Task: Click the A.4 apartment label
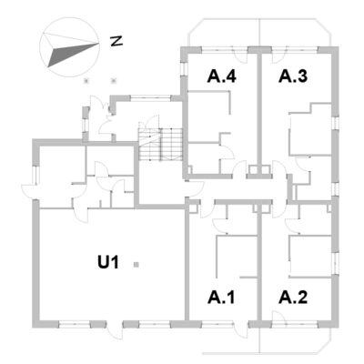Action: [x=221, y=76]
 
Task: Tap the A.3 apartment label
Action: [x=293, y=76]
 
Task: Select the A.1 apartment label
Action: [x=221, y=298]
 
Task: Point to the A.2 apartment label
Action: [x=293, y=298]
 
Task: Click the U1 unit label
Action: [x=108, y=262]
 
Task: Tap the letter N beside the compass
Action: [x=116, y=41]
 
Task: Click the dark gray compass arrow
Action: [x=73, y=54]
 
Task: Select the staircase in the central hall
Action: [x=160, y=144]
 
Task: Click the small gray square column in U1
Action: [x=136, y=265]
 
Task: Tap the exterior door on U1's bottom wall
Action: [x=115, y=329]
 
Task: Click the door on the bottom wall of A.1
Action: [x=241, y=329]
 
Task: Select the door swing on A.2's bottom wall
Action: [x=278, y=317]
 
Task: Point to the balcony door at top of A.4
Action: [x=240, y=55]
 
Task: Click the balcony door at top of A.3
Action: [x=279, y=56]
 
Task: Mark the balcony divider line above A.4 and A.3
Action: [x=260, y=33]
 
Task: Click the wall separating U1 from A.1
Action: [x=187, y=264]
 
